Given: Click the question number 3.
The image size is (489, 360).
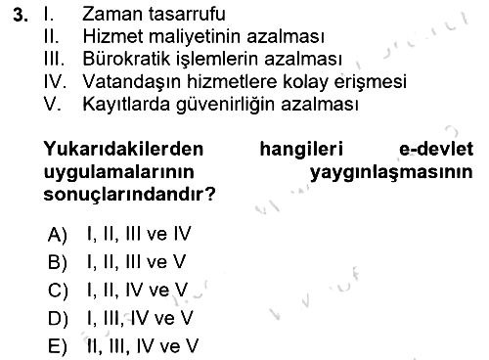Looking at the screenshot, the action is coord(21,15).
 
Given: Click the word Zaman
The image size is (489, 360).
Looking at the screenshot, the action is coord(112,14).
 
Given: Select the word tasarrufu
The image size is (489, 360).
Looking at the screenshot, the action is coord(187,15).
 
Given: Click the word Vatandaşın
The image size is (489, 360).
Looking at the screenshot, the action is coord(131,81).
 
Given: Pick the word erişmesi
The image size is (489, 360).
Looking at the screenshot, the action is coord(371,81).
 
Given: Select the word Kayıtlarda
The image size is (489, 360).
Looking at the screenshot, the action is coord(126,105).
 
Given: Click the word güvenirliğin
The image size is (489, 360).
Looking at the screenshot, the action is coord(225,105).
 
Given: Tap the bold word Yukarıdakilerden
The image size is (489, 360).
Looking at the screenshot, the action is coord(123,149).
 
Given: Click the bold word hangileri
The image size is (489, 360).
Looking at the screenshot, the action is coord(301,150).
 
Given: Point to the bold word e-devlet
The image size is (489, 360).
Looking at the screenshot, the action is coord(436,149).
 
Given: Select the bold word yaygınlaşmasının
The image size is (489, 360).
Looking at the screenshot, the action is coord(391,172).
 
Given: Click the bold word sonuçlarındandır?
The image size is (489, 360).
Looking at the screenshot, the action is coord(130,195).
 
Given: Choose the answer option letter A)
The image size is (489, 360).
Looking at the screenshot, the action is coord(58,235).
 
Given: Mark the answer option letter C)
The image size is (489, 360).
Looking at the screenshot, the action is coord(58,291).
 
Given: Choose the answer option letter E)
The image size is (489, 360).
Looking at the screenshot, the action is coord(58,346).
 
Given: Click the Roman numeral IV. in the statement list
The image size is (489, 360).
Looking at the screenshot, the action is coord(55,81).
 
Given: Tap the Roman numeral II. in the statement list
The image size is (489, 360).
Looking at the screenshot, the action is coord(52,36).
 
